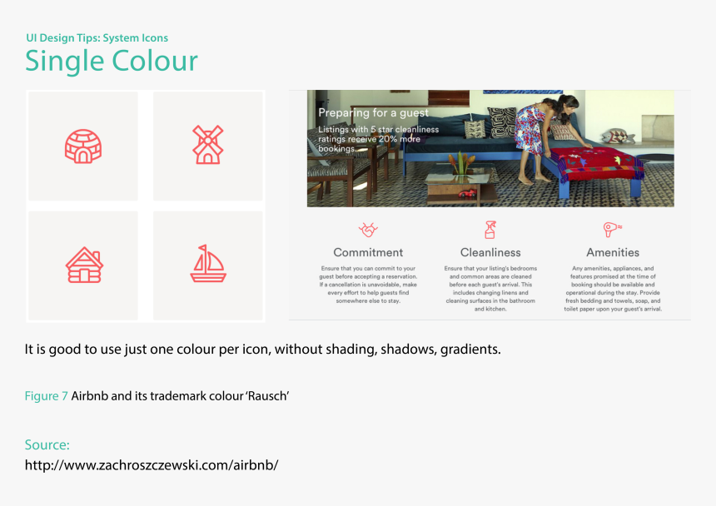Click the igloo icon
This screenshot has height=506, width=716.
coord(83,146)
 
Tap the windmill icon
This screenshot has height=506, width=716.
coord(208,145)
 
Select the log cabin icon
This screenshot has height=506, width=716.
coord(84,265)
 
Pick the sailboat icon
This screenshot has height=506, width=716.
coord(208,263)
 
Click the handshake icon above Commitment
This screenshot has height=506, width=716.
coord(368,230)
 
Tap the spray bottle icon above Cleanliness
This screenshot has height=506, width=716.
coord(490,230)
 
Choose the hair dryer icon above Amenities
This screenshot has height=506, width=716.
coord(612,229)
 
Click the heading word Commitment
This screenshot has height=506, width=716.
coord(368,252)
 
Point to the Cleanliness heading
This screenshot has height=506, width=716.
coord(490,252)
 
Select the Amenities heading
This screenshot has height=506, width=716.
coord(613,252)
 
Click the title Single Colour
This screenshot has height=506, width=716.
coord(112,61)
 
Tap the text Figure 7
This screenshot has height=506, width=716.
coord(46,395)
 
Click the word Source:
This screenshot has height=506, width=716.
coord(47,444)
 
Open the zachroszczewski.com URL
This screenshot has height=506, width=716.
coord(152,465)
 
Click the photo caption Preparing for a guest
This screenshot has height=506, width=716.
coord(374,112)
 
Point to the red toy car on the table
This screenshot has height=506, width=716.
coord(467,193)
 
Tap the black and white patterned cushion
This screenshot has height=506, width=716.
coord(502,122)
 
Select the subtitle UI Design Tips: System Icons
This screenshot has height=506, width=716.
coord(97,38)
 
